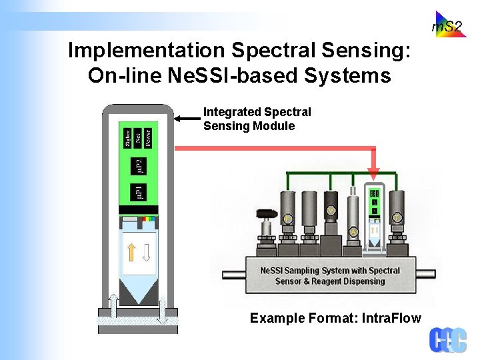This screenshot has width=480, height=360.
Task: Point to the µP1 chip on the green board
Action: [137, 193]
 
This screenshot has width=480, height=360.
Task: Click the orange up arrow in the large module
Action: [132, 251]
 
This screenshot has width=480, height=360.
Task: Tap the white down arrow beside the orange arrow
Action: [147, 251]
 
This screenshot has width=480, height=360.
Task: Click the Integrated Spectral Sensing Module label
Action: [257, 119]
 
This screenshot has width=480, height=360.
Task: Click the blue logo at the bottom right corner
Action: [447, 339]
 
